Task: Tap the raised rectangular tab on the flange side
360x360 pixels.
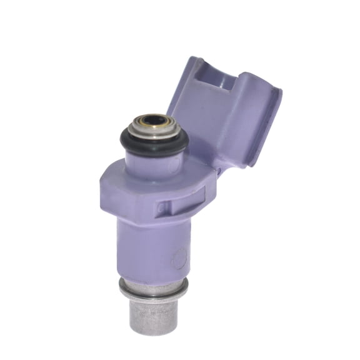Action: [164, 206]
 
